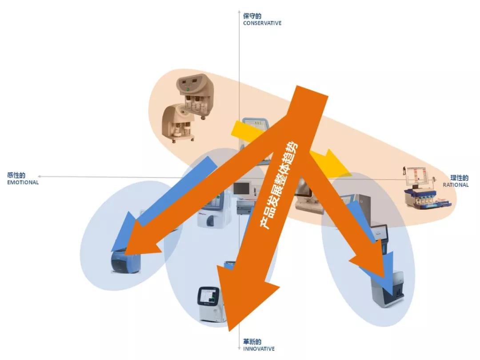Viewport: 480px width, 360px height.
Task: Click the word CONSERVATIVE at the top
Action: click(262, 23)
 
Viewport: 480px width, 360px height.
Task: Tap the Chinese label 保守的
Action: click(252, 16)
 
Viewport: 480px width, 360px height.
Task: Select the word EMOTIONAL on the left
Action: click(23, 183)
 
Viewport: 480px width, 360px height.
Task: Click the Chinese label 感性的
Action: click(16, 176)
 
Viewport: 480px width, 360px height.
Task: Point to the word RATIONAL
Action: click(456, 185)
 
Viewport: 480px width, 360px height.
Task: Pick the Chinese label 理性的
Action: click(459, 178)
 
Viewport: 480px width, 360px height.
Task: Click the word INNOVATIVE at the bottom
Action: click(259, 349)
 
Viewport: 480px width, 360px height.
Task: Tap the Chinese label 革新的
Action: click(252, 342)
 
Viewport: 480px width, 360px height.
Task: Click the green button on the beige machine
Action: click(188, 90)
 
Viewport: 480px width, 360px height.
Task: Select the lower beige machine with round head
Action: click(178, 123)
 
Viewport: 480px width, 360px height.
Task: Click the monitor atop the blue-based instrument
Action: click(416, 176)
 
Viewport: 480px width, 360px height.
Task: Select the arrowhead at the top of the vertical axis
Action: click(239, 12)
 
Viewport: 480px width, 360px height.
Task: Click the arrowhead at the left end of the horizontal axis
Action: click(40, 176)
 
